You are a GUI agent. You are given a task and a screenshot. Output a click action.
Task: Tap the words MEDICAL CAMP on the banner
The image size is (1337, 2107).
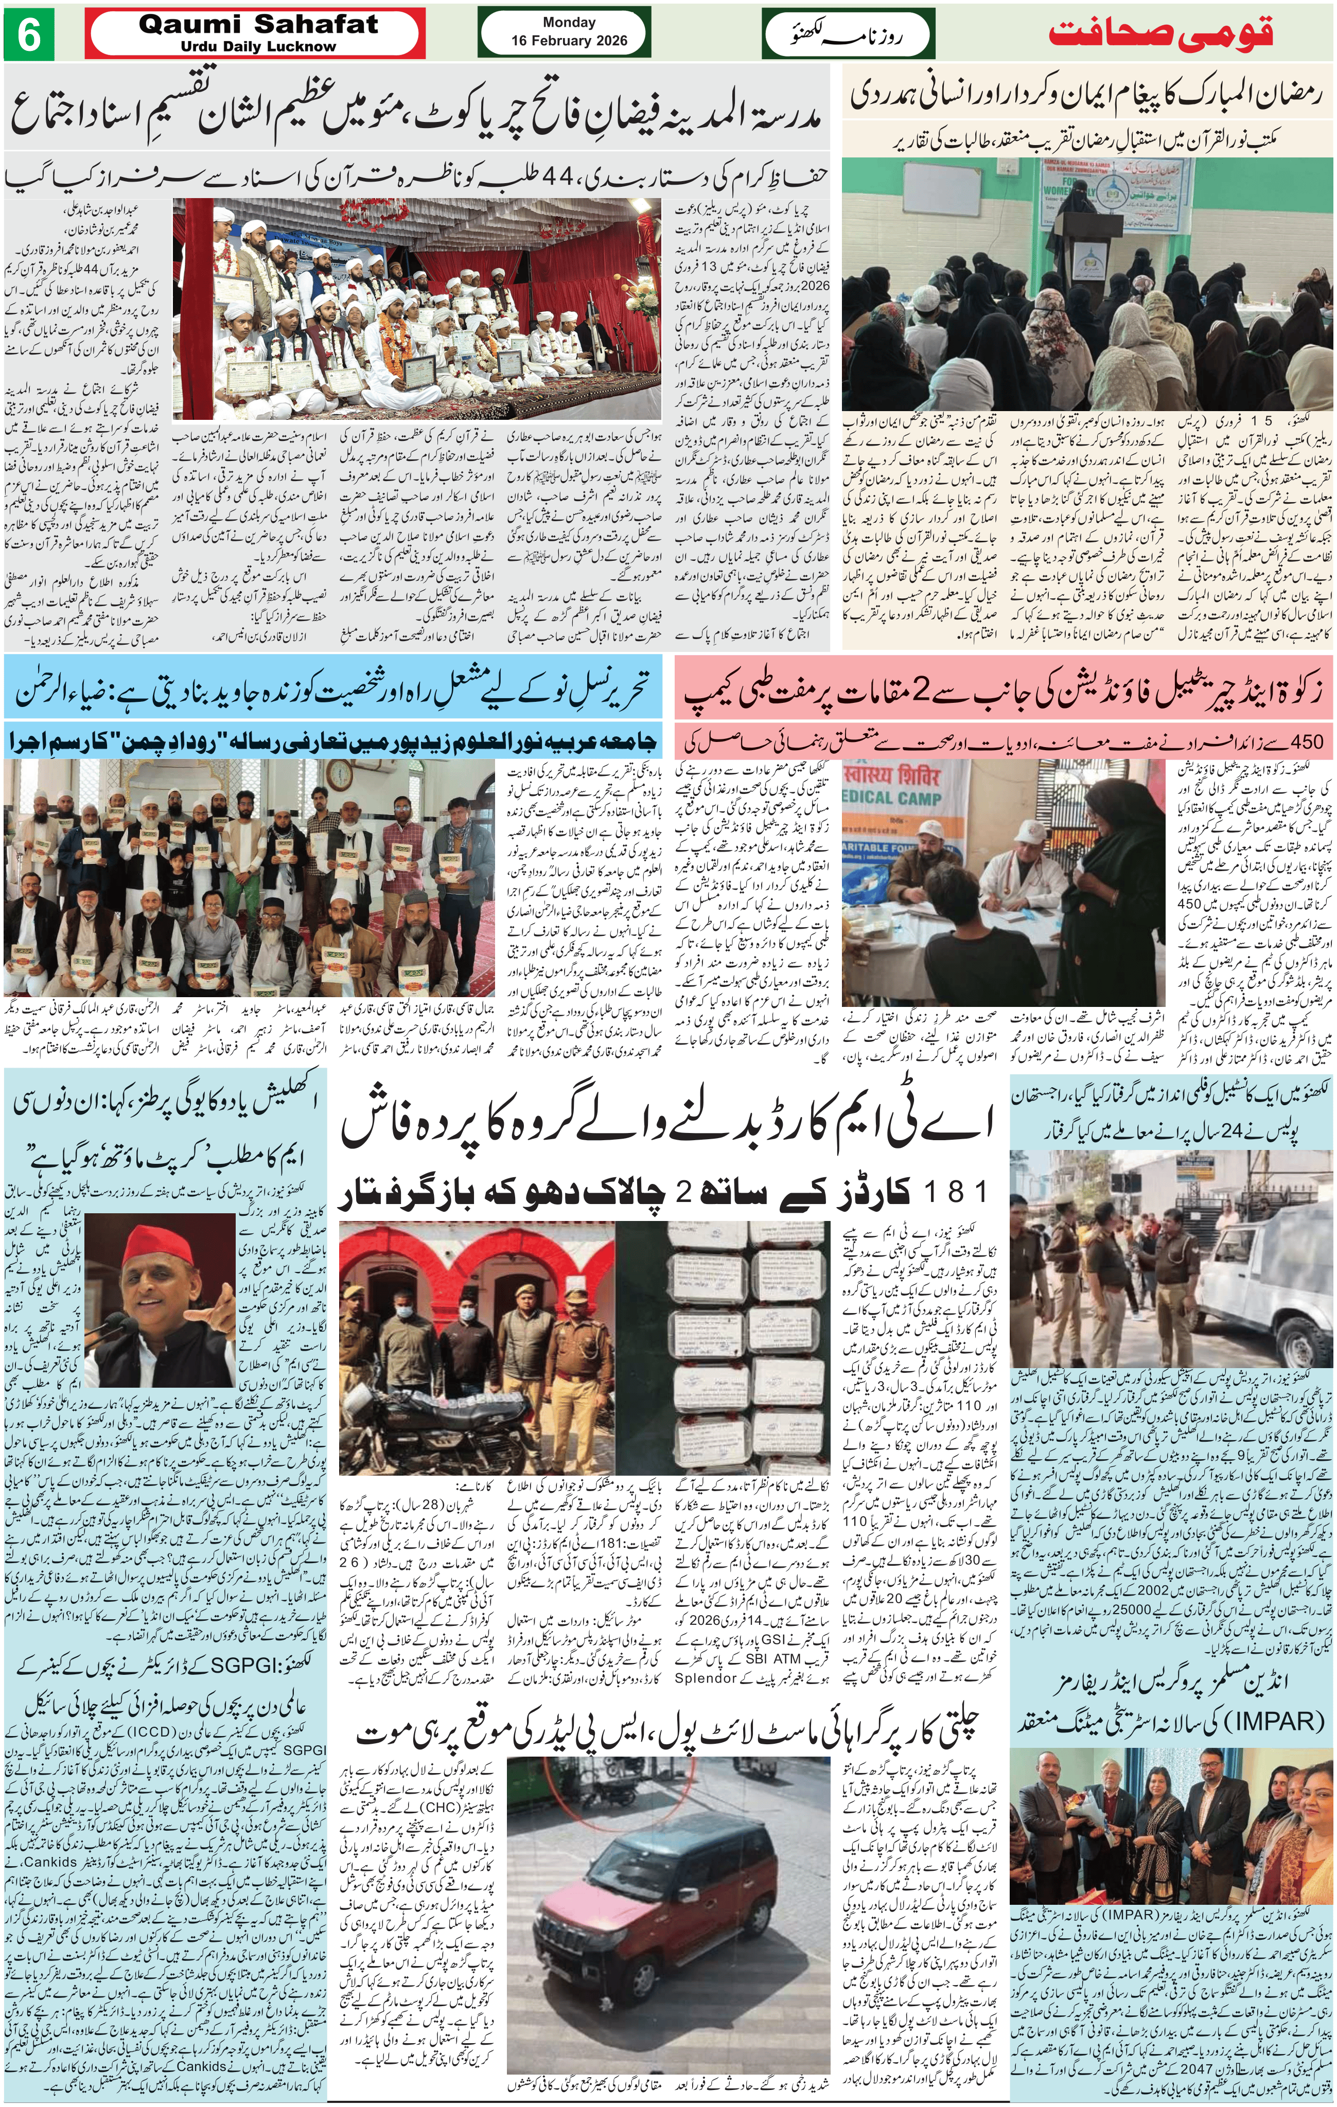click(892, 798)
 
